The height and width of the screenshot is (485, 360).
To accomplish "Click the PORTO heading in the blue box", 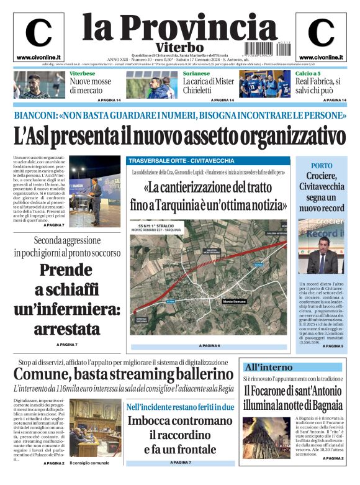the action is tap(322, 166).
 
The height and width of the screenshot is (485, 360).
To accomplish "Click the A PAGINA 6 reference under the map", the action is tap(209, 345).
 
